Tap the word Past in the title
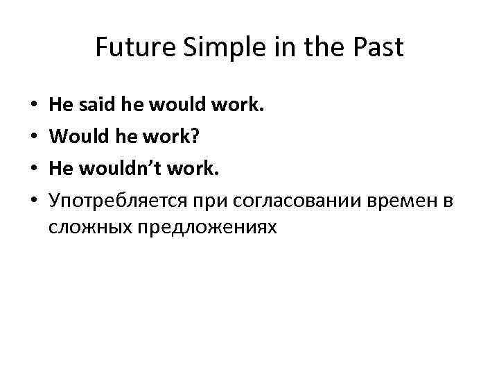378,49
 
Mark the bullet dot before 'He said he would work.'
34,106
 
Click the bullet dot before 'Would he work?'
34,137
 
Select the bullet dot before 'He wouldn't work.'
34,169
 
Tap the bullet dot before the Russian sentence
34,201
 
